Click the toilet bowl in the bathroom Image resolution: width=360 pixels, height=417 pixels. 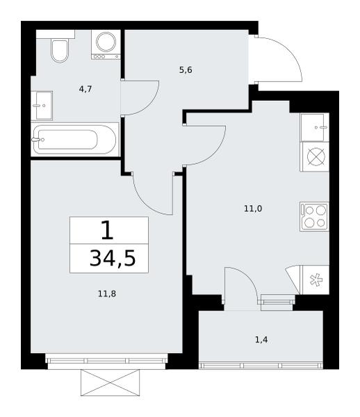[x=60, y=51]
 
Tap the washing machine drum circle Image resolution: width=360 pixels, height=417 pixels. [x=106, y=42]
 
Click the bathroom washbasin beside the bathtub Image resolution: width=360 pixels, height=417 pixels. [x=42, y=106]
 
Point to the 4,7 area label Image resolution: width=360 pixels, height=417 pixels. [x=85, y=90]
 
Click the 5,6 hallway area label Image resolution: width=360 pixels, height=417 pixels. [x=186, y=70]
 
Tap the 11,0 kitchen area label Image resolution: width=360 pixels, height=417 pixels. [x=253, y=209]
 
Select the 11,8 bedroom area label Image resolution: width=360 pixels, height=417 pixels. [x=107, y=294]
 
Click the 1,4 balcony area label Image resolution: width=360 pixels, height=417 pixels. [x=261, y=340]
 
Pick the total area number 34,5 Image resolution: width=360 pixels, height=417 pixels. [x=113, y=259]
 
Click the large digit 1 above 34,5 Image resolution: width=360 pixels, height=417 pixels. [x=108, y=231]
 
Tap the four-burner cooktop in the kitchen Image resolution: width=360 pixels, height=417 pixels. [x=315, y=216]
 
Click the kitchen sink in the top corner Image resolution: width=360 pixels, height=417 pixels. [x=315, y=127]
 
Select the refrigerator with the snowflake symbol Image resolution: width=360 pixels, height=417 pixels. [x=315, y=280]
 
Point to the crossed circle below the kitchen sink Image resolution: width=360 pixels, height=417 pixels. [x=315, y=157]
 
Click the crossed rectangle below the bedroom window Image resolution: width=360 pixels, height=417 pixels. [x=110, y=382]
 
